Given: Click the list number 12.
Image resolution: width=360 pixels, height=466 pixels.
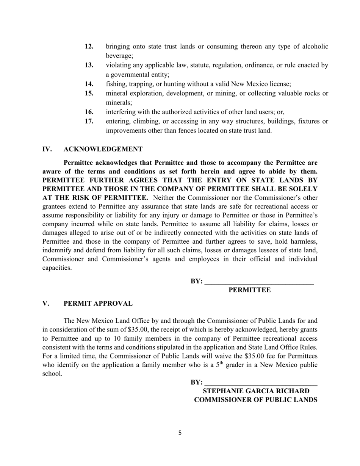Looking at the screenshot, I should click(89, 47).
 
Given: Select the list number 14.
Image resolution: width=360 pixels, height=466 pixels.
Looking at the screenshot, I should click(89, 84).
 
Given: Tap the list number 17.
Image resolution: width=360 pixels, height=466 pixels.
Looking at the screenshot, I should click(89, 122).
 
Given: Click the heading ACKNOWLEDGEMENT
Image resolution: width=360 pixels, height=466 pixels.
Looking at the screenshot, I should click(103, 149).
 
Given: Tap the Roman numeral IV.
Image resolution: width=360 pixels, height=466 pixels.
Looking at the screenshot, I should click(47, 149).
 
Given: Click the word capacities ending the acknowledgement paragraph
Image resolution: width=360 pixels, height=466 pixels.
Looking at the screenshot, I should click(56, 268).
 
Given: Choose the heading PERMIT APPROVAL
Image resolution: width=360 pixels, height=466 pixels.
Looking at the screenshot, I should click(98, 304).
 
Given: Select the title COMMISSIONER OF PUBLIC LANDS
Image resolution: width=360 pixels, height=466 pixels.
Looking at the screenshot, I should click(256, 400).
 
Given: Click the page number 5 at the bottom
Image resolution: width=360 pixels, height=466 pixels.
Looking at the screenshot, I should click(180, 433).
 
